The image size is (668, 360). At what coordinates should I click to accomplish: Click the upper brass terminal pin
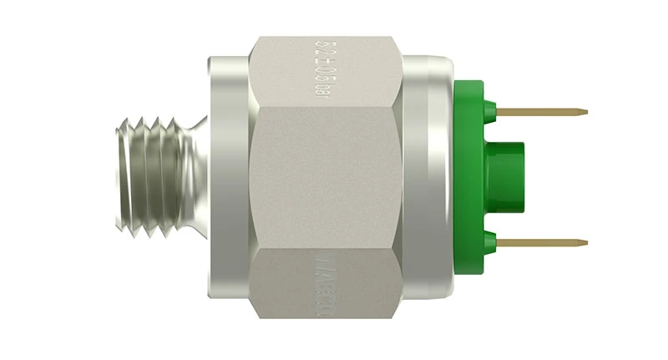click(543, 111)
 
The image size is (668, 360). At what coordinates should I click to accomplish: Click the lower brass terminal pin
click(543, 242)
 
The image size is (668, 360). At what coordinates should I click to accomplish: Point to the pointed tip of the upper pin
click(585, 112)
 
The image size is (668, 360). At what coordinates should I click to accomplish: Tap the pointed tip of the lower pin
click(585, 243)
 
